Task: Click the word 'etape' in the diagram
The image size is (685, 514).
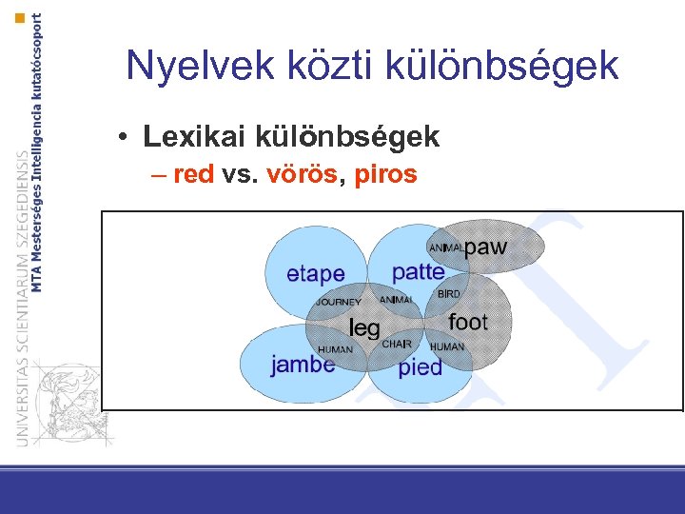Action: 315,274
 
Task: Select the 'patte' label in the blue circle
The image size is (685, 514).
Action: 418,271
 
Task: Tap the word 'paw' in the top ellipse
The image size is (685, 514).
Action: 486,247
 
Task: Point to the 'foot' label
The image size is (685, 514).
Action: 467,322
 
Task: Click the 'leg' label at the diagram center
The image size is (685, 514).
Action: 364,328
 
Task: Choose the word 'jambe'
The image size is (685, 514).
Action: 303,365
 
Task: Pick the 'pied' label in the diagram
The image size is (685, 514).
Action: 420,367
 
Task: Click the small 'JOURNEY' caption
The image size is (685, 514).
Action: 339,302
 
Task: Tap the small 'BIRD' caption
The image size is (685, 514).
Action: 448,294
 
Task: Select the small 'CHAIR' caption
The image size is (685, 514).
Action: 397,344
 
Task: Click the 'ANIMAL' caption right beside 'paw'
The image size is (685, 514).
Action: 446,248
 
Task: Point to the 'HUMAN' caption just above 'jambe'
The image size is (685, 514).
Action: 335,349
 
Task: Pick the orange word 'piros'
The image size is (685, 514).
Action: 385,175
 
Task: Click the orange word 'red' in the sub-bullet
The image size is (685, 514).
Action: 193,175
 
